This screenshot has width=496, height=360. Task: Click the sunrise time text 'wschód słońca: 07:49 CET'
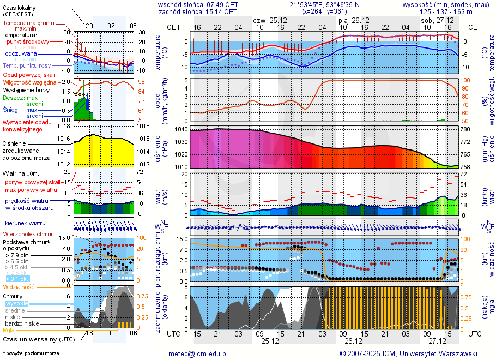click(x=198, y=4)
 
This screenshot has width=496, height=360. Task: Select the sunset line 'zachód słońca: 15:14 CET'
click(x=198, y=11)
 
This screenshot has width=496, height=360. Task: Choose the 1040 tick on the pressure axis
click(x=180, y=129)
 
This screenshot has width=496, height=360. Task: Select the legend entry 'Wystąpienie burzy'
click(x=25, y=90)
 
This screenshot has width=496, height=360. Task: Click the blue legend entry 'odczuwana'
click(x=21, y=54)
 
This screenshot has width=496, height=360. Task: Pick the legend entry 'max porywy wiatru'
click(x=31, y=190)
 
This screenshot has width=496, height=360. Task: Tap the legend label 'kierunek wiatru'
click(x=25, y=224)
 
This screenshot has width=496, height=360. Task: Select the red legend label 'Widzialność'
click(x=19, y=286)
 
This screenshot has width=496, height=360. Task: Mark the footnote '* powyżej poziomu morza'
click(x=31, y=353)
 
